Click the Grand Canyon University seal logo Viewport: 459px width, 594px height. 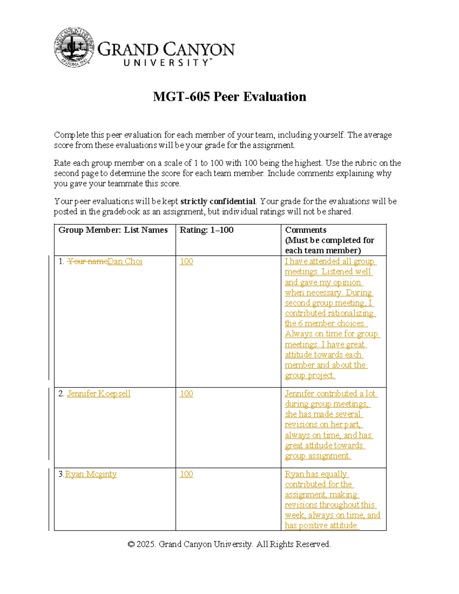[x=74, y=47]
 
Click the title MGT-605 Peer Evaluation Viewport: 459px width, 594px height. [x=229, y=97]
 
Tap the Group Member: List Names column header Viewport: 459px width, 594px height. [x=113, y=230]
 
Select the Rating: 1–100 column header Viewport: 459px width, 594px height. [x=207, y=230]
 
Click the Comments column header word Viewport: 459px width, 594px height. [x=306, y=230]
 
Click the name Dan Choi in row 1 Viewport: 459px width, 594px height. [x=125, y=261]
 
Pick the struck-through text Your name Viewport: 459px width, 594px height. [x=87, y=261]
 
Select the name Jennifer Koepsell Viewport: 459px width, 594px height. [x=99, y=394]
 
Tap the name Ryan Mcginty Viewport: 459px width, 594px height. [x=91, y=474]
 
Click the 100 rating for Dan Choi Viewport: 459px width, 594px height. [x=186, y=261]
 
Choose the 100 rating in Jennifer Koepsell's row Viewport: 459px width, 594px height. [x=186, y=394]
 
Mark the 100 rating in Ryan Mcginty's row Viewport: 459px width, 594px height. [x=186, y=474]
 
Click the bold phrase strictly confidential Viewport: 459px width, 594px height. [x=218, y=202]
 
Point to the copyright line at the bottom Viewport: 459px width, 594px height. [x=229, y=544]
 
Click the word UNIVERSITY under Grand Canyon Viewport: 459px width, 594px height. [x=166, y=63]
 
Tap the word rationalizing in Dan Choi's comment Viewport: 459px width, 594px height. [x=350, y=313]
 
